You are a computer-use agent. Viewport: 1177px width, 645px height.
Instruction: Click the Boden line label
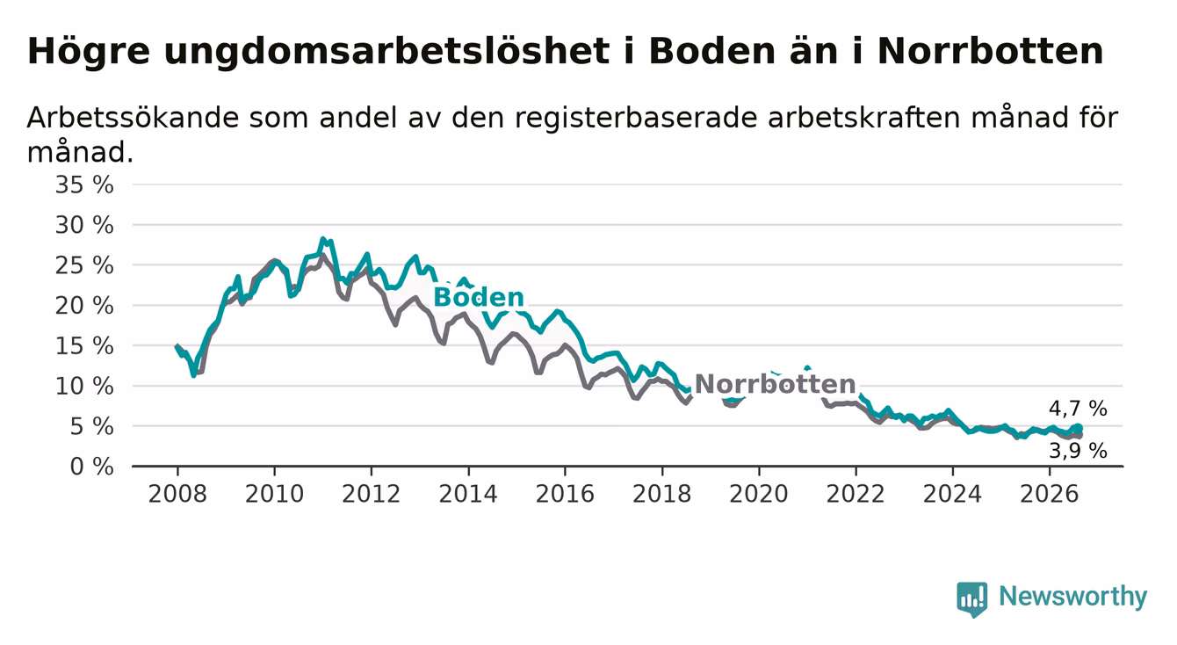pyautogui.click(x=479, y=298)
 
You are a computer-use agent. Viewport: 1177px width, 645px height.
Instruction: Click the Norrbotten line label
pyautogui.click(x=775, y=384)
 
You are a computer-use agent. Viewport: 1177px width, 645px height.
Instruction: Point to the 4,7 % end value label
pyautogui.click(x=1078, y=409)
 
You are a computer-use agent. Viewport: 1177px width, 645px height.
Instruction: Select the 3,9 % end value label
pyautogui.click(x=1078, y=451)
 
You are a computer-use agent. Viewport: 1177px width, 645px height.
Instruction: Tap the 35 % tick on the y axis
pyautogui.click(x=84, y=185)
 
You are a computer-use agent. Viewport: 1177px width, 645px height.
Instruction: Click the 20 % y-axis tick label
pyautogui.click(x=84, y=306)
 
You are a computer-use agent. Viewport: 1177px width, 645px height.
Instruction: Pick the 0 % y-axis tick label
pyautogui.click(x=91, y=467)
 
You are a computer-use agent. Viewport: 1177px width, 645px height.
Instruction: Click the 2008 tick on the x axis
pyautogui.click(x=177, y=494)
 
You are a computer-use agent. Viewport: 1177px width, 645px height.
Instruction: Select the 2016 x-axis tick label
pyautogui.click(x=565, y=494)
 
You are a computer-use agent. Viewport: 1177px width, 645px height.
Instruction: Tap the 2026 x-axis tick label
pyautogui.click(x=1050, y=494)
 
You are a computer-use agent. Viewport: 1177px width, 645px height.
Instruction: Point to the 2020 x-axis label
pyautogui.click(x=759, y=494)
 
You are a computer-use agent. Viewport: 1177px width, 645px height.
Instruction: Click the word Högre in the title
pyautogui.click(x=89, y=52)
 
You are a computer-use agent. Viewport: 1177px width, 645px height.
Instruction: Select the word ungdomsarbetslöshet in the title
pyautogui.click(x=386, y=52)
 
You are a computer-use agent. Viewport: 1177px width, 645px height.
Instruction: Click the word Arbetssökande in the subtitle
pyautogui.click(x=133, y=117)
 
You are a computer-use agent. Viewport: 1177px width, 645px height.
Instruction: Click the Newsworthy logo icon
pyautogui.click(x=972, y=598)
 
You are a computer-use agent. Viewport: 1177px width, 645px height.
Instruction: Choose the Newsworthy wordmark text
pyautogui.click(x=1073, y=597)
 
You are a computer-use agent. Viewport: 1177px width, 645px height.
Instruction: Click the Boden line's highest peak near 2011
pyautogui.click(x=322, y=239)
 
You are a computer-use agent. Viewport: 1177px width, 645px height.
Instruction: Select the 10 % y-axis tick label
pyautogui.click(x=84, y=387)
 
